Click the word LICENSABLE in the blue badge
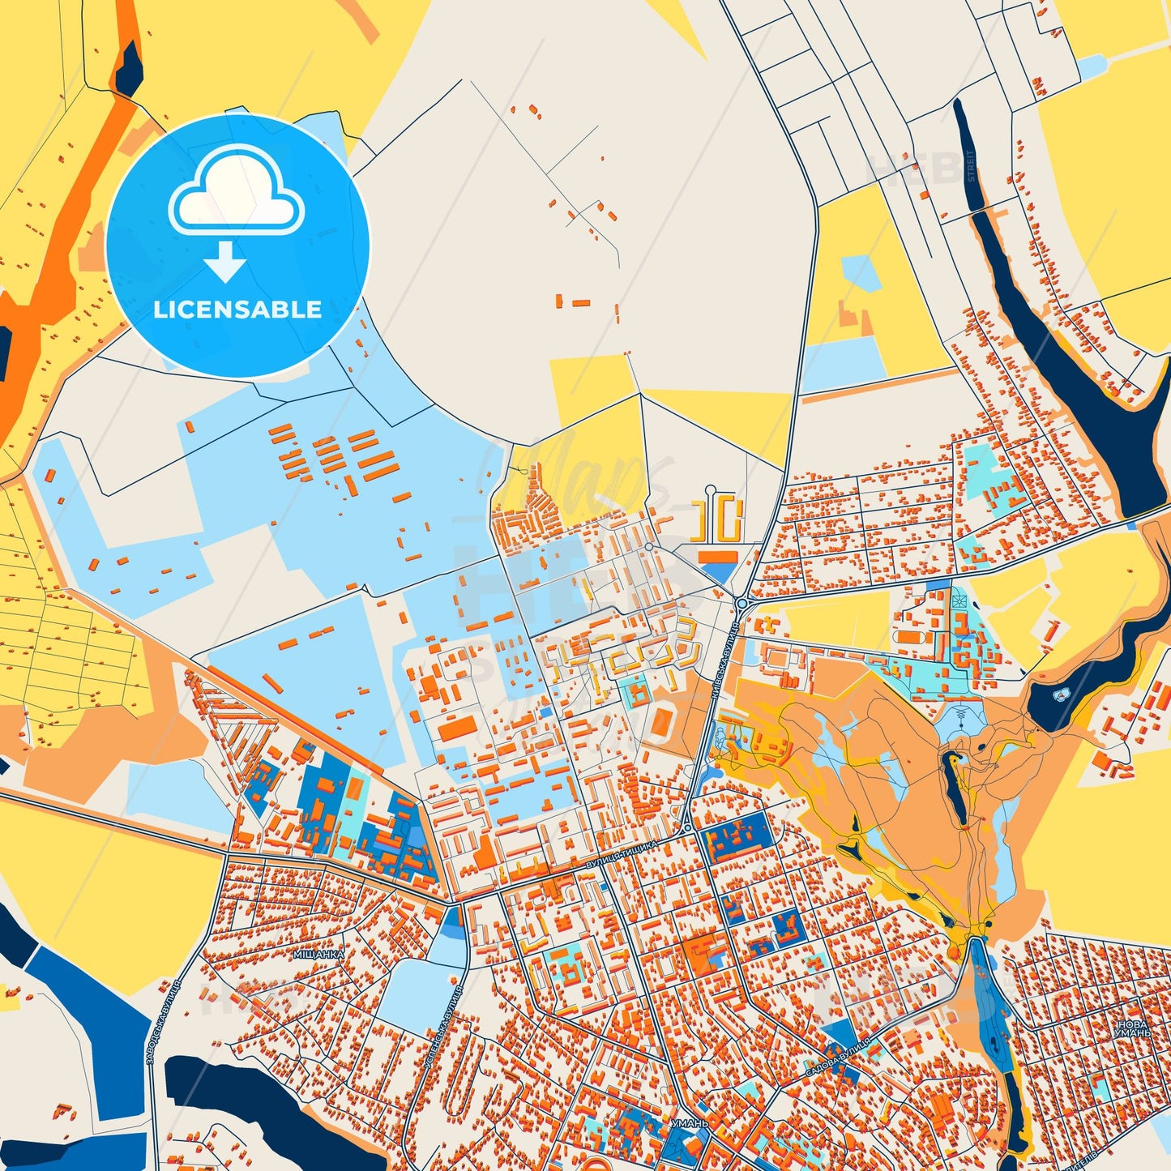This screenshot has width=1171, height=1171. (x=237, y=309)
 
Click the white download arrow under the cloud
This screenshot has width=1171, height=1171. (x=225, y=262)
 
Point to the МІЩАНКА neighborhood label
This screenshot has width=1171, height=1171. (x=318, y=954)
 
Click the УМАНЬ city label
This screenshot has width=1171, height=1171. (x=690, y=1124)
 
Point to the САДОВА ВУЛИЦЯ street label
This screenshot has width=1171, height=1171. (x=838, y=1057)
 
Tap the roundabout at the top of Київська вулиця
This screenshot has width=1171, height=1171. (x=741, y=604)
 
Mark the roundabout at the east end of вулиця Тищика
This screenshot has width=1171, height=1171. (x=687, y=828)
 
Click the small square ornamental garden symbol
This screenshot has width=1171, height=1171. (x=959, y=600)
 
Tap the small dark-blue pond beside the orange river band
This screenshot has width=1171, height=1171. (x=129, y=70)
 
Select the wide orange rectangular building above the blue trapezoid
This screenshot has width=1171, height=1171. (x=718, y=556)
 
